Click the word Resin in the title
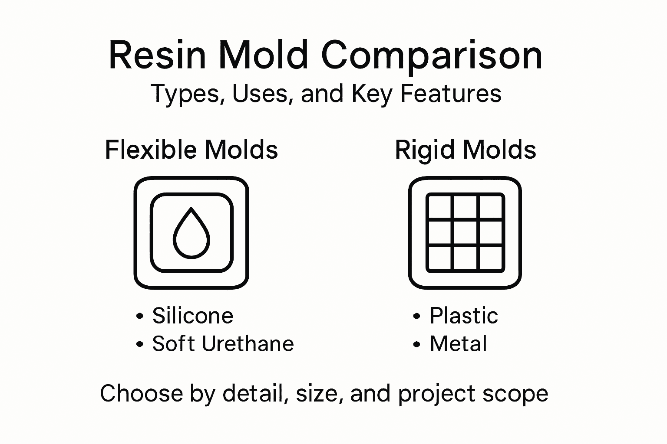[157, 55]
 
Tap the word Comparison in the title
[432, 55]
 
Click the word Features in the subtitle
[451, 94]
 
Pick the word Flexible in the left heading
[152, 150]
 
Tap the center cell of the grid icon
[465, 233]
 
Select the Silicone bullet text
[192, 316]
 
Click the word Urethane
[248, 344]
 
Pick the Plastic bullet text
[464, 316]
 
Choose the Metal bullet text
[458, 344]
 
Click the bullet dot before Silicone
[139, 317]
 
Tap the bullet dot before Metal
[417, 345]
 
